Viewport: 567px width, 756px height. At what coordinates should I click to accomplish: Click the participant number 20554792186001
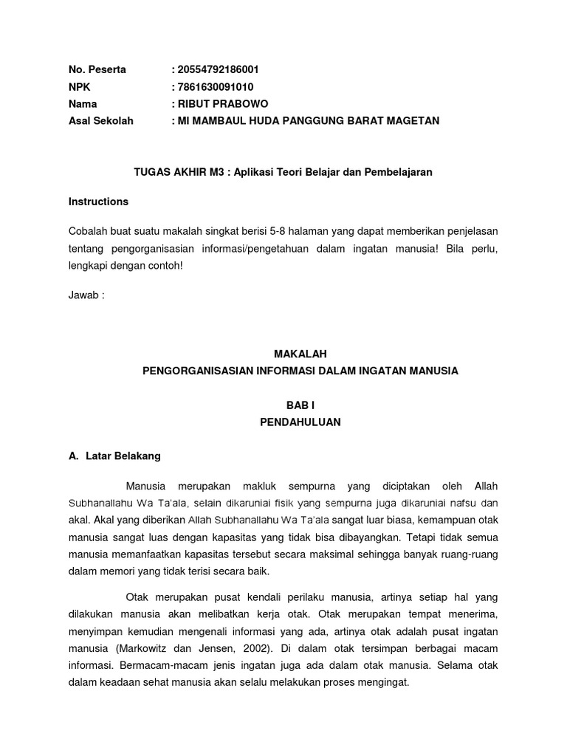(x=218, y=70)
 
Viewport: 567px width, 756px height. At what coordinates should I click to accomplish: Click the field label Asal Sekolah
(x=101, y=121)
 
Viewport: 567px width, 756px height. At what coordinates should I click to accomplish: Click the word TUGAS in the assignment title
(x=149, y=172)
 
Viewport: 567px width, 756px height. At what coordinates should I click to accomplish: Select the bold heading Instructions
(x=98, y=202)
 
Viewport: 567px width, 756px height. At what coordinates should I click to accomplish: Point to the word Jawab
(x=83, y=295)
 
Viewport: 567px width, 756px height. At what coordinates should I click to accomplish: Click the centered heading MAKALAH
(x=300, y=354)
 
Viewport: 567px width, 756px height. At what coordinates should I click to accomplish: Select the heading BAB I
(x=300, y=405)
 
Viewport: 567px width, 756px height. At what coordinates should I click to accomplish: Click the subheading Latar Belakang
(x=123, y=456)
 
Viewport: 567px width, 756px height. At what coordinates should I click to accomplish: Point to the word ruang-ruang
(x=471, y=554)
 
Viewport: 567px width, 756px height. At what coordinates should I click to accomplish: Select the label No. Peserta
(x=97, y=70)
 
